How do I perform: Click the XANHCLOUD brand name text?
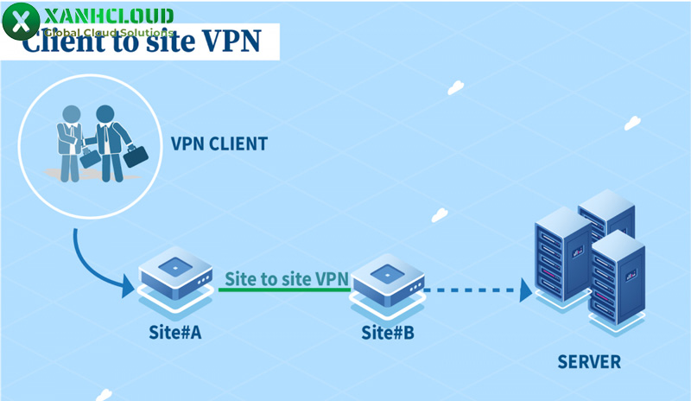click(108, 16)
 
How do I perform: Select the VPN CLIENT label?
click(219, 143)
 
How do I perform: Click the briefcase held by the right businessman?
click(136, 156)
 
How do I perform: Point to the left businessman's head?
click(71, 114)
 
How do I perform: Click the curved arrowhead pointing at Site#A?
click(128, 283)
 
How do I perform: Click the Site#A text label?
click(175, 333)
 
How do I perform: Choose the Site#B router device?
click(387, 279)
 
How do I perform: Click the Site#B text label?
click(387, 333)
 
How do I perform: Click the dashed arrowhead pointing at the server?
click(524, 290)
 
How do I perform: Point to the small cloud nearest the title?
click(455, 87)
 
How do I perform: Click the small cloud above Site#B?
click(440, 214)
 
